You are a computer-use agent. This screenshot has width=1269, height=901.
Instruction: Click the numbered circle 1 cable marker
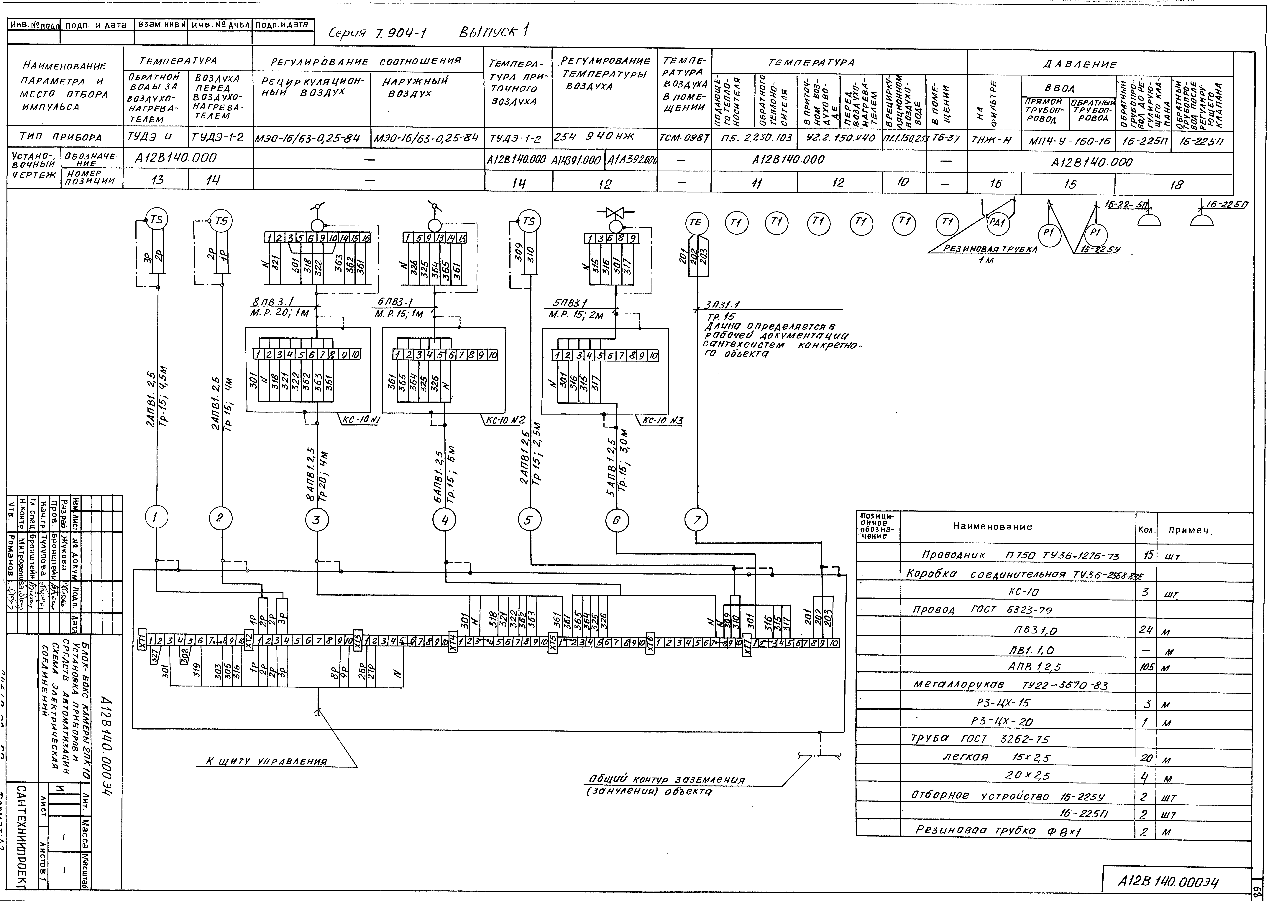156,518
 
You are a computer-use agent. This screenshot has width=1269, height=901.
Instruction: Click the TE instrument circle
695,222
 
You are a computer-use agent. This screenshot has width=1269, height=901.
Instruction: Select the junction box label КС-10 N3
662,420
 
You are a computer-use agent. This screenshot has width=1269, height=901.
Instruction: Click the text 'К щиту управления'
266,762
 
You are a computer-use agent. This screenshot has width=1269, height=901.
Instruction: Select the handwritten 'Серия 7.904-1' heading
377,33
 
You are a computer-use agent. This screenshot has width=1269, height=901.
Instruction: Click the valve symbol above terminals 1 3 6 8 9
615,212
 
